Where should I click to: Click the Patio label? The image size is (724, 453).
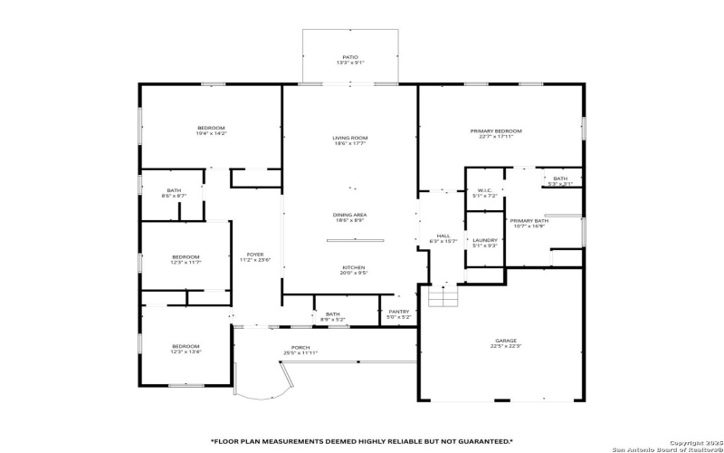349,57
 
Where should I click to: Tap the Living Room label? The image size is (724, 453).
349,138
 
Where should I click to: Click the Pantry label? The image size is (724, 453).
399,312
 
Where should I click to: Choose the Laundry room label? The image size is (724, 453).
485,240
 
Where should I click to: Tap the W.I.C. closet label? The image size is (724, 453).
484,191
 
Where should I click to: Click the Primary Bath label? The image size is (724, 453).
529,221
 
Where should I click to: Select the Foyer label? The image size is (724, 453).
255,255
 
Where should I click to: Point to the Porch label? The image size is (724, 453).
300,347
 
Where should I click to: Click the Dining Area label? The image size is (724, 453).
349,215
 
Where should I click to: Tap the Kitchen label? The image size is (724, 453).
353,267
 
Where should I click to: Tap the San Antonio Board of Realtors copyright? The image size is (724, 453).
667,448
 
